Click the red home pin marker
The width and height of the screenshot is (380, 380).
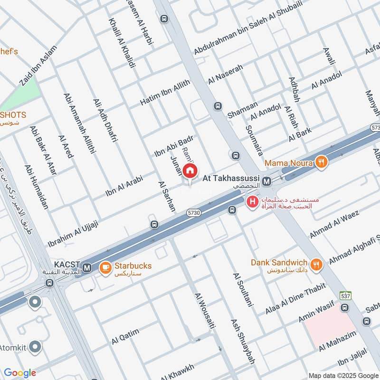pyautogui.click(x=190, y=170)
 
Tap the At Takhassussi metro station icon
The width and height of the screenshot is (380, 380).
pyautogui.click(x=267, y=180)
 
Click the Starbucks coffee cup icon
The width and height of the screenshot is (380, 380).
pyautogui.click(x=104, y=269)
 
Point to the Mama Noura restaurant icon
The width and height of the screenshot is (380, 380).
pyautogui.click(x=322, y=162)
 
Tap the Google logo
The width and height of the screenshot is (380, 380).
pyautogui.click(x=20, y=373)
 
